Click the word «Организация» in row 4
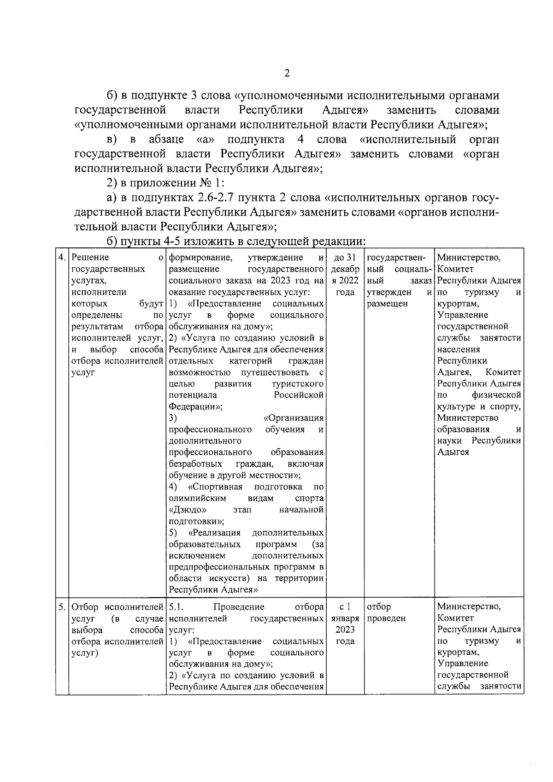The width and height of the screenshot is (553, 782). coord(294,418)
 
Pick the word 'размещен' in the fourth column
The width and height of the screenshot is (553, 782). coord(388,304)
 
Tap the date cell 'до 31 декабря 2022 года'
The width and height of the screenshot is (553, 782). coord(345,275)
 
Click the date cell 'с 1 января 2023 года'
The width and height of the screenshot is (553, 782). coord(345,624)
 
